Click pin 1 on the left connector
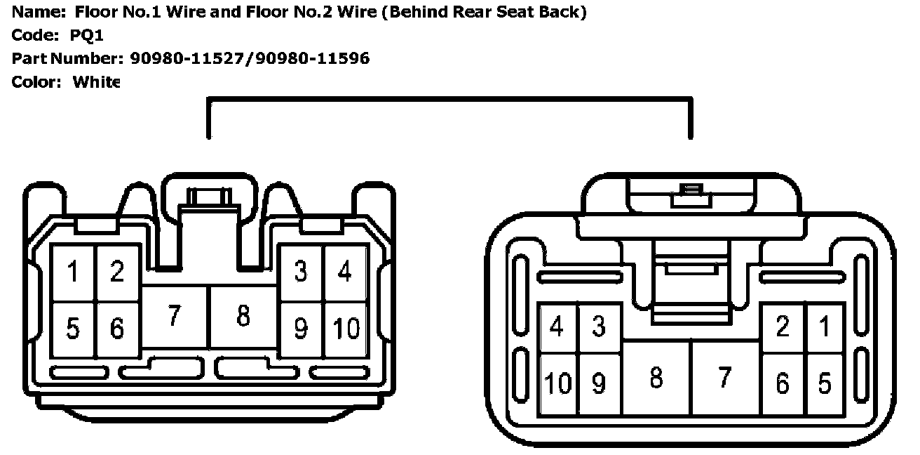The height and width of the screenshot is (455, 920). pyautogui.click(x=73, y=272)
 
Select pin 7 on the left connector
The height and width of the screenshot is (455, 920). pyautogui.click(x=175, y=316)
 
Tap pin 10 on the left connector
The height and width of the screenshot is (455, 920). pyautogui.click(x=346, y=328)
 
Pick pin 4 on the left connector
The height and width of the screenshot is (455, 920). pyautogui.click(x=344, y=271)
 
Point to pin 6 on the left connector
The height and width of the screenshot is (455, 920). pyautogui.click(x=117, y=328)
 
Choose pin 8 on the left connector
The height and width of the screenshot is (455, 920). pyautogui.click(x=243, y=316)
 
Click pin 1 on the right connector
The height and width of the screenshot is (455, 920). pyautogui.click(x=825, y=327)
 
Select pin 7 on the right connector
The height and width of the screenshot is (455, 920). pyautogui.click(x=724, y=378)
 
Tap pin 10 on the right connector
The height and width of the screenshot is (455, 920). pyautogui.click(x=559, y=383)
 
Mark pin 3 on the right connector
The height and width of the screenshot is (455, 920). pyautogui.click(x=598, y=327)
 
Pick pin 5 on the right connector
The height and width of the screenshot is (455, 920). pyautogui.click(x=825, y=383)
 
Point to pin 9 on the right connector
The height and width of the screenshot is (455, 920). pyautogui.click(x=598, y=383)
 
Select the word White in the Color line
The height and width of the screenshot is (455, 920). pyautogui.click(x=97, y=82)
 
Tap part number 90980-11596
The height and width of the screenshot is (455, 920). pyautogui.click(x=312, y=58)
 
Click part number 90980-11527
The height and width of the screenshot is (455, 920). pyautogui.click(x=189, y=58)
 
